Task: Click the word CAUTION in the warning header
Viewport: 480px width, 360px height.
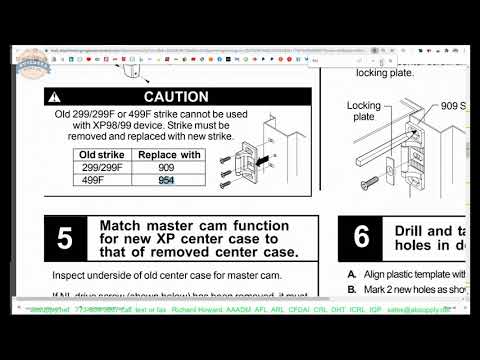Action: pos(175,97)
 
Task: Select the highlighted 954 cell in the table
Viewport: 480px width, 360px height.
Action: pos(166,181)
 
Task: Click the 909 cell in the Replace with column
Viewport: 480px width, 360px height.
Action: pos(166,169)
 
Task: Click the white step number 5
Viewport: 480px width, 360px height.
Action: pos(65,239)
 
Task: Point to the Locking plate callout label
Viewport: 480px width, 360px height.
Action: pos(363,111)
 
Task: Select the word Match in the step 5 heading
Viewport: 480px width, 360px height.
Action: pos(124,226)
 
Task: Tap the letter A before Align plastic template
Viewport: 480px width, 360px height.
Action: pos(352,274)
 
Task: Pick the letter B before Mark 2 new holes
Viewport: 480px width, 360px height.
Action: pos(352,289)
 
